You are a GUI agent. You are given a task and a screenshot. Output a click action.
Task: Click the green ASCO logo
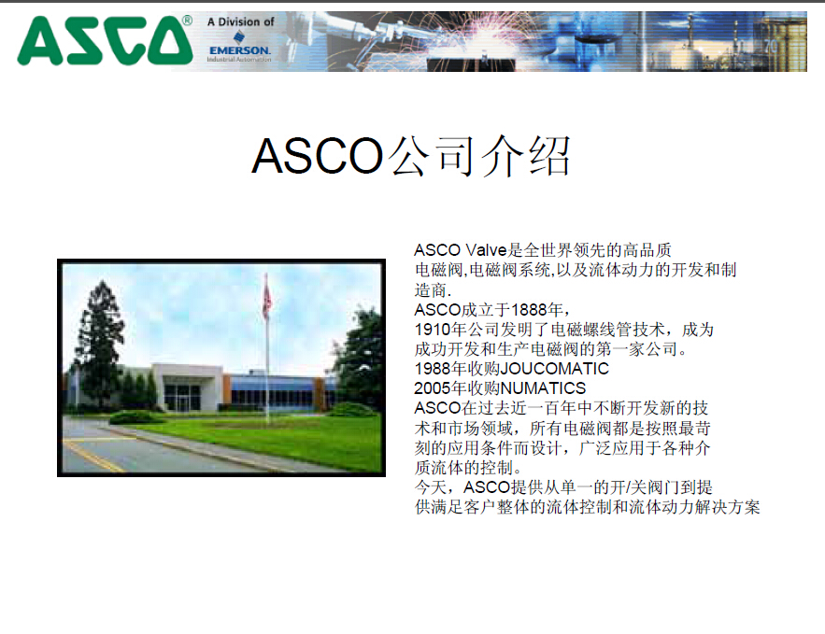pyautogui.click(x=105, y=40)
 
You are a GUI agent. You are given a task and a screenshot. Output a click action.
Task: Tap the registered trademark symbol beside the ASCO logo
pyautogui.click(x=187, y=21)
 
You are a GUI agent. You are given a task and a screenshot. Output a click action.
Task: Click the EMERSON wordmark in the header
pyautogui.click(x=240, y=50)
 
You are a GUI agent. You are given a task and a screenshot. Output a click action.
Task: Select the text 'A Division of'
pyautogui.click(x=240, y=22)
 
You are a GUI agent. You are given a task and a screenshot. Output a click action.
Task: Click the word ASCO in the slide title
pyautogui.click(x=318, y=156)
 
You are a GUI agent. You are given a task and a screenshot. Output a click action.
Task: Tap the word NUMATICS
pyautogui.click(x=543, y=388)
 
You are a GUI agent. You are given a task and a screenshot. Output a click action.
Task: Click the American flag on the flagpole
pyautogui.click(x=267, y=300)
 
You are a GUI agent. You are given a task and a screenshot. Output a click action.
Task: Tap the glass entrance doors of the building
pyautogui.click(x=182, y=398)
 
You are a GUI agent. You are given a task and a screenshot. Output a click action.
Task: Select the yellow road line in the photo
pyautogui.click(x=93, y=456)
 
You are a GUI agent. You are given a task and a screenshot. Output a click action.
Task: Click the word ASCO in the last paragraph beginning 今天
pyautogui.click(x=487, y=487)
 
